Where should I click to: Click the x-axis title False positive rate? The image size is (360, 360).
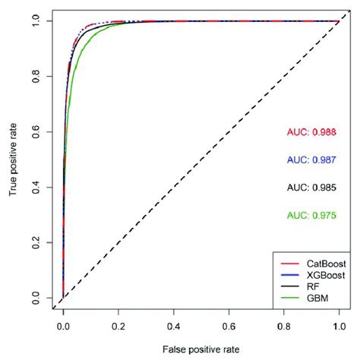(x=201, y=349)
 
